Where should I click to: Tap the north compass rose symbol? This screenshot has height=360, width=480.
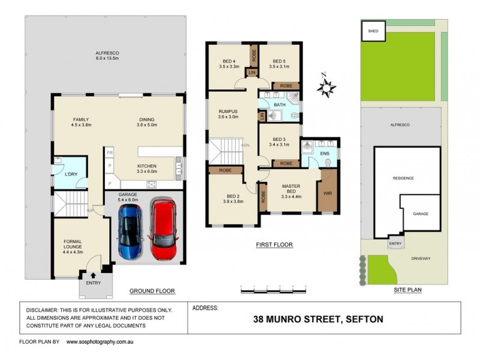(x=327, y=88)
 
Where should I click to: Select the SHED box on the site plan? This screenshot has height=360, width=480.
(x=373, y=31)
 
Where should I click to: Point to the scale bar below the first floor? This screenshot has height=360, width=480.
(x=273, y=290)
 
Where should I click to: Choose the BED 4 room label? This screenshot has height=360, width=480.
(x=229, y=61)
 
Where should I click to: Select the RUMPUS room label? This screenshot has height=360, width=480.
(x=229, y=112)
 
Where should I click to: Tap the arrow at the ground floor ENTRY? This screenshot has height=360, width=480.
(x=93, y=275)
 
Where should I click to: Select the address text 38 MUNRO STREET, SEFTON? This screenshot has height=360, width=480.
(x=318, y=319)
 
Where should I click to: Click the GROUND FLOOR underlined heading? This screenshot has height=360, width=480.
(x=152, y=291)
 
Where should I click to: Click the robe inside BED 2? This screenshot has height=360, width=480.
(x=225, y=170)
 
